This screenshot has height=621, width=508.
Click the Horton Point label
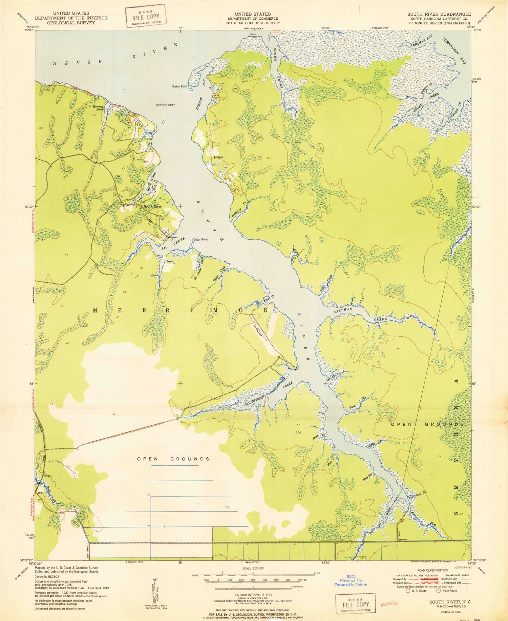[x=179, y=86]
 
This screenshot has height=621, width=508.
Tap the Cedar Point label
[x=200, y=239]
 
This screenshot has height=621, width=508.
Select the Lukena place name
[x=218, y=157]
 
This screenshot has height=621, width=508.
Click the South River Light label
[x=165, y=105]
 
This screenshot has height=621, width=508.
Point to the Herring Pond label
[x=98, y=108]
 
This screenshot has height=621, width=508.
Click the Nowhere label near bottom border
[x=402, y=540]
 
